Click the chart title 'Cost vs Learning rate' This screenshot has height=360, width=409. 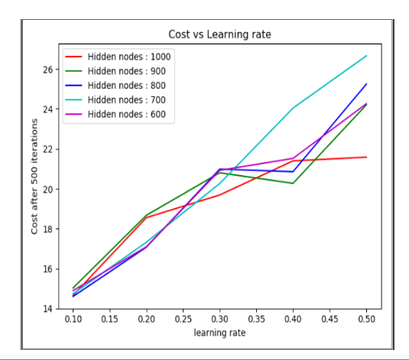tap(219, 34)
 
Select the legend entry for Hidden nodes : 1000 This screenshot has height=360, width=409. tap(118, 57)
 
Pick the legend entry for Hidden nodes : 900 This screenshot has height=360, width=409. tap(115, 71)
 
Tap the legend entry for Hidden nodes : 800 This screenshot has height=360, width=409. tap(115, 86)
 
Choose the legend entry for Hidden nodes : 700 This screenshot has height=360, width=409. tap(115, 99)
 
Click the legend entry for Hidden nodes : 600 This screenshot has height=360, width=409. tap(115, 114)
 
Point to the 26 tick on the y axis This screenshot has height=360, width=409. tap(47, 70)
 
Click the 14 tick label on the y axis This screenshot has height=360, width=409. tap(47, 309)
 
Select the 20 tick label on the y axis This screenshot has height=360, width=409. tap(47, 189)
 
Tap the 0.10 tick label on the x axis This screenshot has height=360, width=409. tap(73, 319)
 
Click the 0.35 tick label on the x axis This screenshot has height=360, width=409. tap(257, 319)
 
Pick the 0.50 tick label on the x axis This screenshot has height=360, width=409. tap(366, 319)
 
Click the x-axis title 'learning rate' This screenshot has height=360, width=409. tap(219, 333)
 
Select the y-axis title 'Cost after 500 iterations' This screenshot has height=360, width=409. tap(34, 177)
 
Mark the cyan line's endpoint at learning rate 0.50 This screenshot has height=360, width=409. tap(366, 56)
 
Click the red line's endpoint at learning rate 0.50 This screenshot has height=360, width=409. tap(366, 157)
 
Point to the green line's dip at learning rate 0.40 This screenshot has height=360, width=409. tap(294, 183)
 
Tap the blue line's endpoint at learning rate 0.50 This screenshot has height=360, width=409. tap(366, 84)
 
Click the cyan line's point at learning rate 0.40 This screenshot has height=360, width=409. tap(294, 108)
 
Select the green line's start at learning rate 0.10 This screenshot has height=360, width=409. tap(73, 288)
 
